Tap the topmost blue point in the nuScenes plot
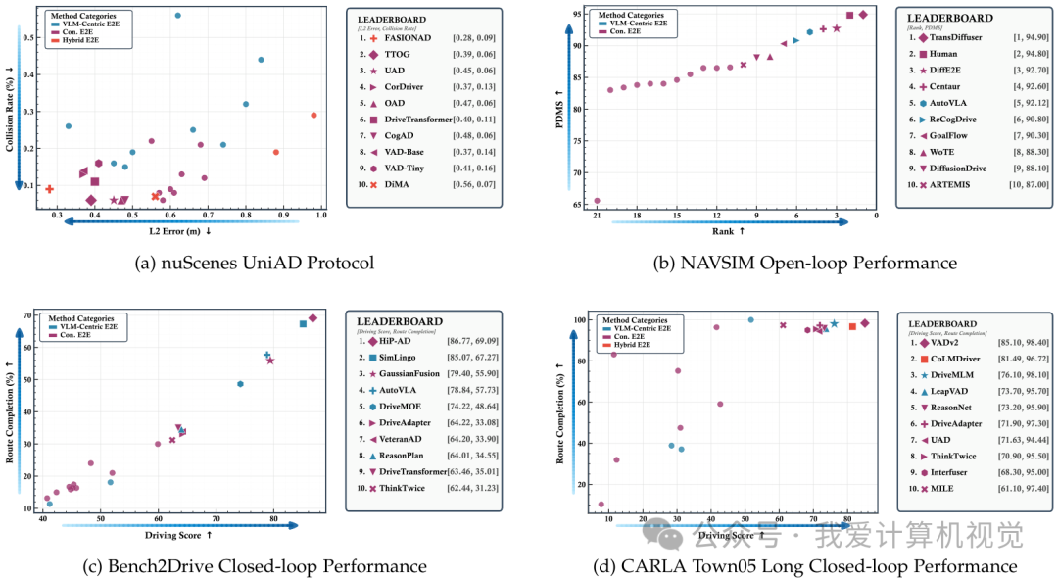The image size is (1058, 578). pos(177,16)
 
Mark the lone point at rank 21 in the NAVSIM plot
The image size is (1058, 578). pos(597,201)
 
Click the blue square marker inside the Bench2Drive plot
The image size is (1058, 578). pos(303,323)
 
